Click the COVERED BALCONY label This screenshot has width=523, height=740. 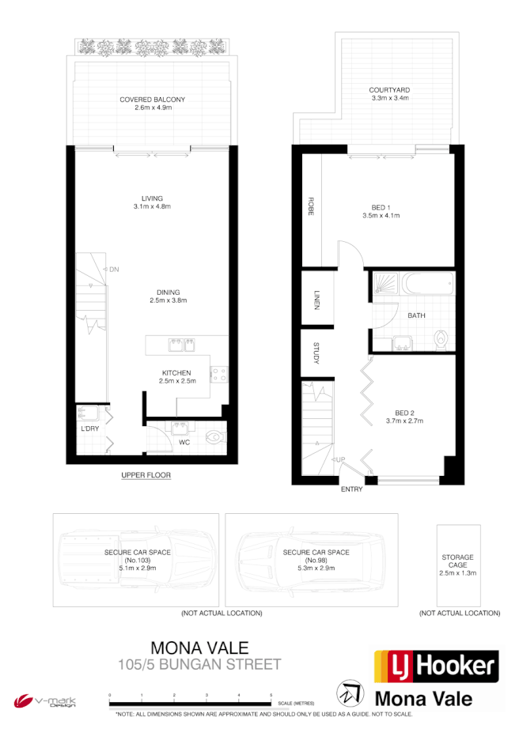tap(152, 100)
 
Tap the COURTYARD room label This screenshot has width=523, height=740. tap(388, 90)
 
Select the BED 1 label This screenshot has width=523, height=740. tap(381, 207)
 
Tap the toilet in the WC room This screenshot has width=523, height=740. tap(214, 435)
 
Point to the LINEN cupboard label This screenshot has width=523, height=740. tap(316, 301)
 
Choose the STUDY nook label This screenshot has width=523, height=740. tap(316, 353)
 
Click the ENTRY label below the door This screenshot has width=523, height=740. tap(351, 489)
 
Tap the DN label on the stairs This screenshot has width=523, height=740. tap(114, 270)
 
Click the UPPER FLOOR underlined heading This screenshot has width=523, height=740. tap(146, 475)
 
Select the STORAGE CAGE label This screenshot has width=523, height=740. tap(458, 561)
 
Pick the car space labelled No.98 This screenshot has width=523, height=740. tap(310, 560)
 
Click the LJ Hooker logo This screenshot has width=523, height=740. tap(436, 666)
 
